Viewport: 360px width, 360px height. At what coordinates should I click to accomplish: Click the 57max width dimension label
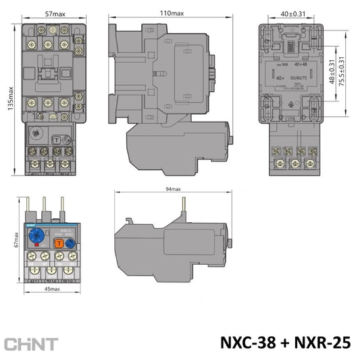pos(54,14)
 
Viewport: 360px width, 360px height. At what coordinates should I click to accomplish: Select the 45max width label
pos(49,288)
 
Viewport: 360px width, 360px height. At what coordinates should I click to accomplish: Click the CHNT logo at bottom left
pos(31,343)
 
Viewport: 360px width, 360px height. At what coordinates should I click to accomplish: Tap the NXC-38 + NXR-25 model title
pos(285,342)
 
